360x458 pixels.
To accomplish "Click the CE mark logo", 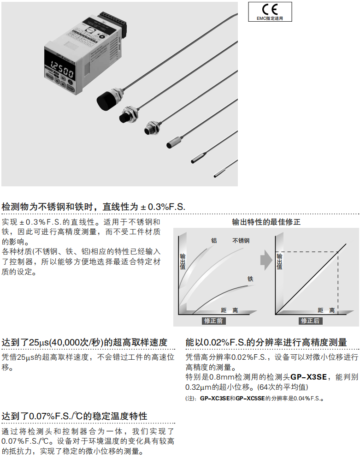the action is (x=270, y=10).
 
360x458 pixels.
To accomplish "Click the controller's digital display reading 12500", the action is (x=62, y=69).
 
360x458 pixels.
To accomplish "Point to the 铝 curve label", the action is (x=214, y=240).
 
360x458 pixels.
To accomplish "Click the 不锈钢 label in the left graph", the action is (x=241, y=240).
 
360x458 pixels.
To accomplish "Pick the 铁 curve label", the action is (x=250, y=279).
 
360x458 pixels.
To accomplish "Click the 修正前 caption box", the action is (x=213, y=321).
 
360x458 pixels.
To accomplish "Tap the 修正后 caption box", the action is (x=310, y=321).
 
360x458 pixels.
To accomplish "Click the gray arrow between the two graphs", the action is (x=266, y=260).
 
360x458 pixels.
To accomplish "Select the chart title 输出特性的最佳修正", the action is (x=266, y=222).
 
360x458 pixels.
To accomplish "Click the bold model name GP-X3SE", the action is (x=309, y=377).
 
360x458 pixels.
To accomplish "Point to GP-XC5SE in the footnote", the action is (x=250, y=399).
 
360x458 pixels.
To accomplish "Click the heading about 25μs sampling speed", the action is (x=84, y=342).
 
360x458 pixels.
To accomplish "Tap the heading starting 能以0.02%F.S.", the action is (x=266, y=342).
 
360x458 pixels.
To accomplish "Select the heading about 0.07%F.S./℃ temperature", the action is (x=75, y=416).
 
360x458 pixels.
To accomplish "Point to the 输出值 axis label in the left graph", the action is (x=183, y=262).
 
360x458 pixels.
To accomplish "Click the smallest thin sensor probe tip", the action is (x=219, y=174).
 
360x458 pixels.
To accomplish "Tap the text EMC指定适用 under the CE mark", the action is (x=270, y=18).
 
